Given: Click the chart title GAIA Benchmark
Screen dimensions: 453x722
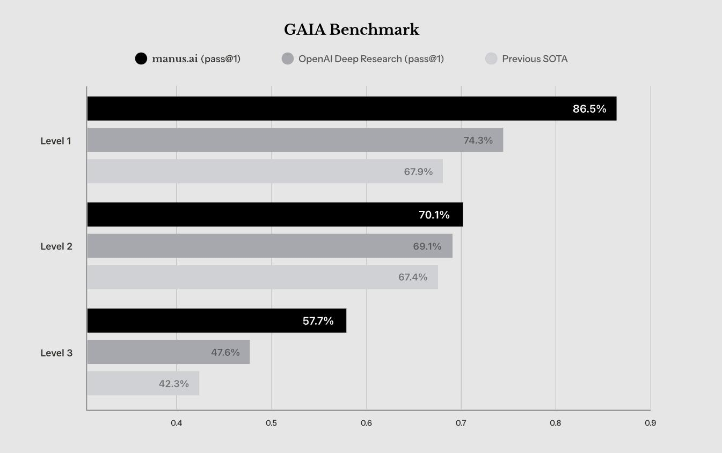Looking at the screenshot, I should pos(351,30).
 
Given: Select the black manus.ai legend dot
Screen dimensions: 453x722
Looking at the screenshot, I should pos(141,59).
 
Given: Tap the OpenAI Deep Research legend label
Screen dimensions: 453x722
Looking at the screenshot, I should pos(371,59).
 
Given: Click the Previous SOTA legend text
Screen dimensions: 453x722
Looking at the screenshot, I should pos(535,59).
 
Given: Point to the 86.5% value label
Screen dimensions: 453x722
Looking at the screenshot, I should pos(589,109).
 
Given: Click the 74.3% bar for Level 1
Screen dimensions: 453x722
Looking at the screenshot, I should pos(295,140).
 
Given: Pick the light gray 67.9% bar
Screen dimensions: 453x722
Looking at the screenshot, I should pos(265,171).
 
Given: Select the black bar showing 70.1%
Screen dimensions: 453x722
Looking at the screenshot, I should pos(275,215).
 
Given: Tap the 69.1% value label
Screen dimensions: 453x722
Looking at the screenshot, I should pos(427,246).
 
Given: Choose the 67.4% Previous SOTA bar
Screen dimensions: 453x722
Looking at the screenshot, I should pos(262,277).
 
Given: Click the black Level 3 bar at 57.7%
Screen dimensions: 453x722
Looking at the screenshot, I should pos(216,321).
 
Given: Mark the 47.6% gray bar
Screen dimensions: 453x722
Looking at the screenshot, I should pos(169,352).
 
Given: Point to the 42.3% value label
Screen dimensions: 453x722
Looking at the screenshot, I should pos(174,384).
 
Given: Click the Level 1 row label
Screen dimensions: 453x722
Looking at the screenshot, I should pos(56,141).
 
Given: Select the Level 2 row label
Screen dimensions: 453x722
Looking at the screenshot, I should pos(56,246).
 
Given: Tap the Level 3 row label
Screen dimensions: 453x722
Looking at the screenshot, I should pos(56,353).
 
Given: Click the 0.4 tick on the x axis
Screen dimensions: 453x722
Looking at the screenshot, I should pos(177,423).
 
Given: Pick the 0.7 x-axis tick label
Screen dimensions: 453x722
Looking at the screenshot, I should pos(461,423).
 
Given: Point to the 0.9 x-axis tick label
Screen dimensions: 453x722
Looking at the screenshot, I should pos(650,423).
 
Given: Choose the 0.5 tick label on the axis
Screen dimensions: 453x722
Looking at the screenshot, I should pos(272,423).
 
